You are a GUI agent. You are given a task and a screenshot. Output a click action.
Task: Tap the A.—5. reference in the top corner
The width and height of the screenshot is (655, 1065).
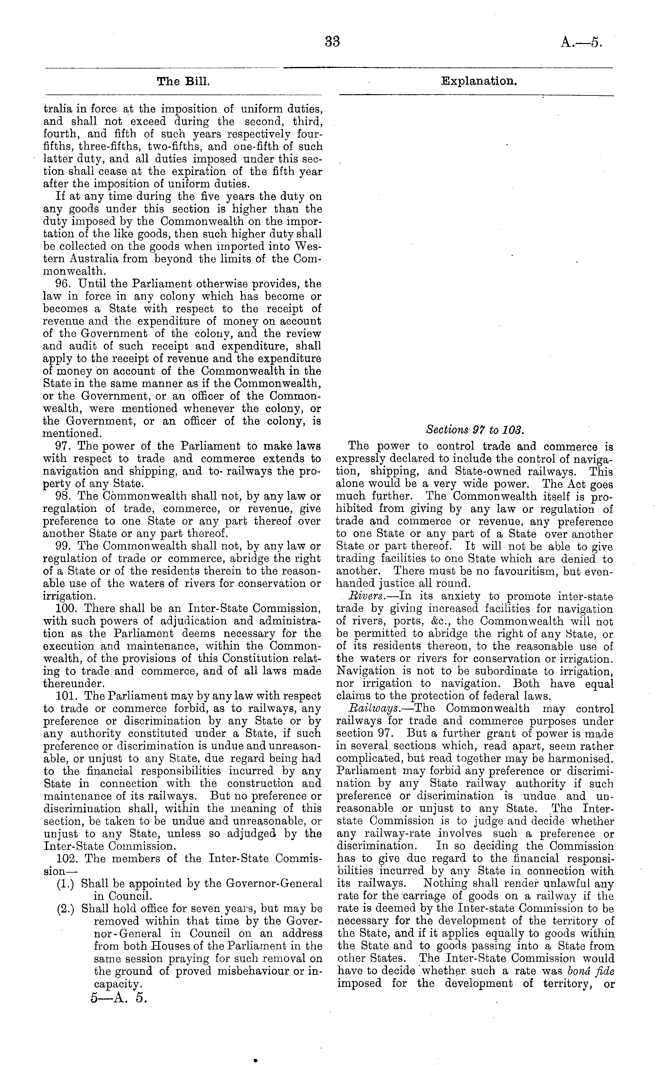[581, 42]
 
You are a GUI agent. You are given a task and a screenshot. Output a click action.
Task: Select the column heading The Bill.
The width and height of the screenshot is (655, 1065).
[183, 81]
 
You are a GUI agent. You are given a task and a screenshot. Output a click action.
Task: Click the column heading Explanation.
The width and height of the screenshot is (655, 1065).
[479, 81]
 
